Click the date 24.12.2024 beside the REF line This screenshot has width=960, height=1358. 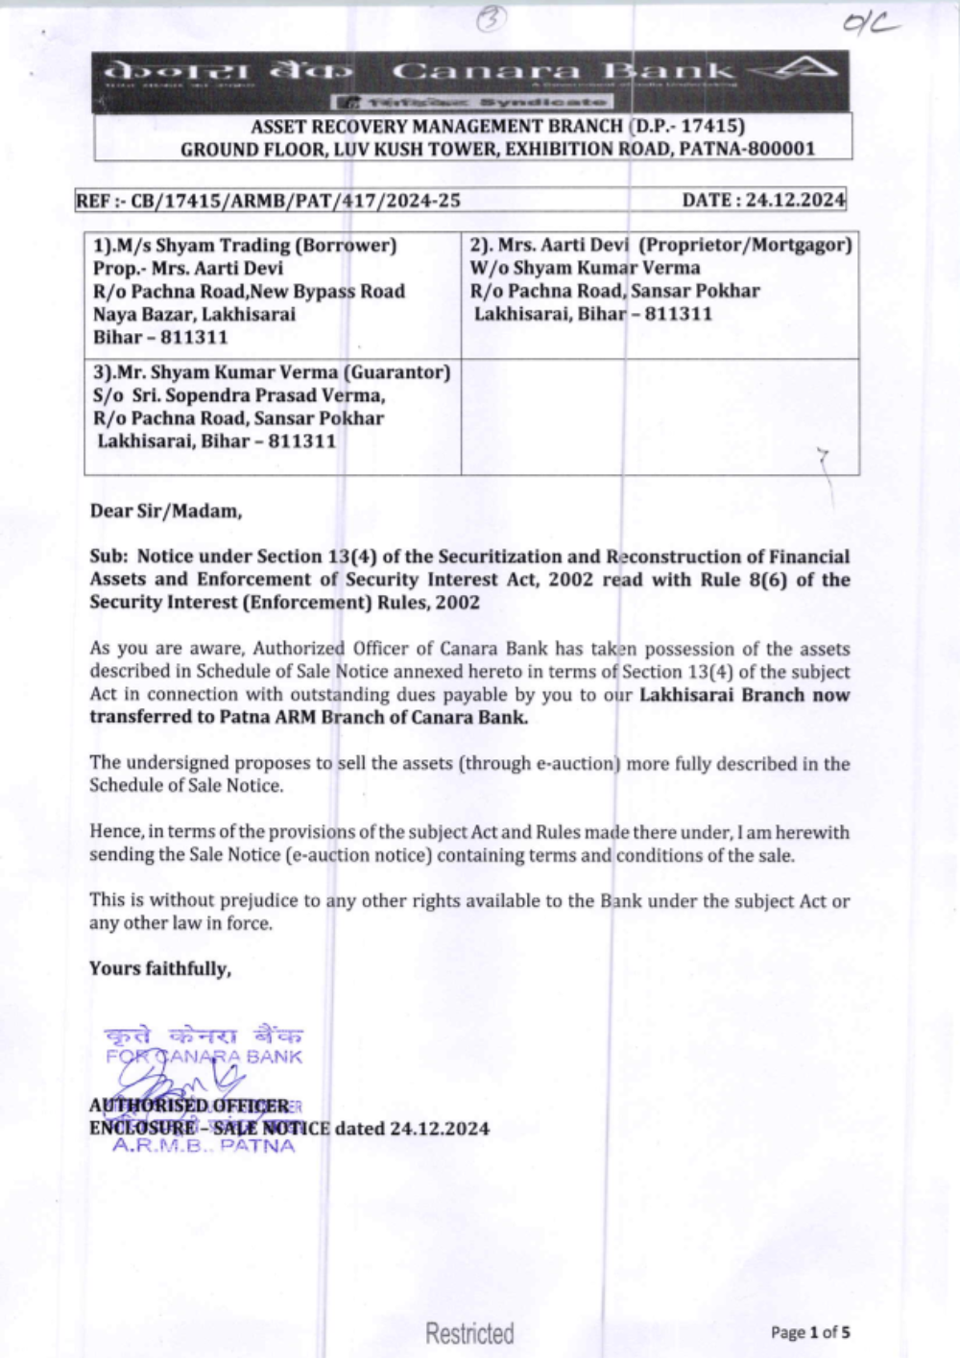tap(796, 200)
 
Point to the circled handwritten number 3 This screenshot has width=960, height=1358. tap(491, 19)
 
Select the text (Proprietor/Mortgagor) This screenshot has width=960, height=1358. tap(745, 245)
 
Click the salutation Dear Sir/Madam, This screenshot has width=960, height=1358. tap(166, 511)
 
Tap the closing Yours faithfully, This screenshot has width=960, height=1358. tap(160, 968)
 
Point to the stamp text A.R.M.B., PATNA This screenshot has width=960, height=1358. tap(204, 1145)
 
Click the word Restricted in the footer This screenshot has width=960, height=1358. tap(469, 1332)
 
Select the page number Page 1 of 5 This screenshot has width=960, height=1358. tap(810, 1332)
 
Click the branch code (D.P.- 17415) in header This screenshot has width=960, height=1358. tap(687, 126)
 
